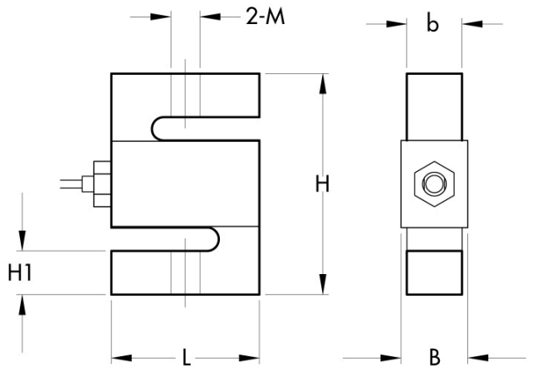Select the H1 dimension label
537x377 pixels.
(x=19, y=272)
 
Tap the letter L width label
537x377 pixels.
(x=187, y=359)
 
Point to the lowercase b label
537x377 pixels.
(x=432, y=24)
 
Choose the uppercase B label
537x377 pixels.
(x=434, y=359)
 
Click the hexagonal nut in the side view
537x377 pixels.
(x=432, y=184)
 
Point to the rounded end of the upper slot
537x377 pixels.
(x=159, y=127)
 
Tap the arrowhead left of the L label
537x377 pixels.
(x=119, y=359)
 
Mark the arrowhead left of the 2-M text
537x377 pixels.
(x=164, y=17)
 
